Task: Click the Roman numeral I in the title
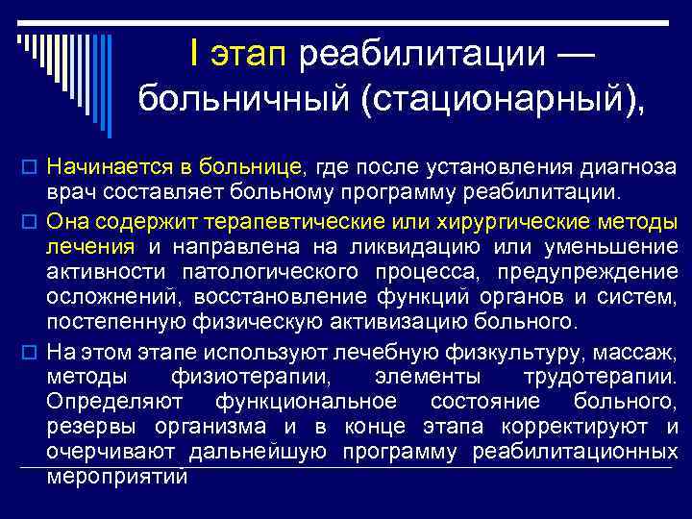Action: pos(194,54)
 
